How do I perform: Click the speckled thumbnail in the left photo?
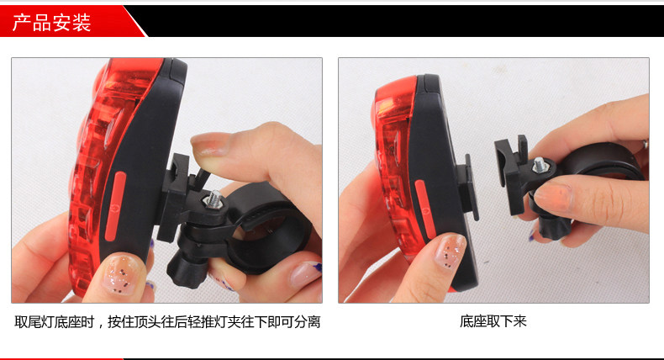coord(122,277)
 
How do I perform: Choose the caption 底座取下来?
coord(493,322)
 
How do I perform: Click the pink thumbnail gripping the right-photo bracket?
coord(556,199)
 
